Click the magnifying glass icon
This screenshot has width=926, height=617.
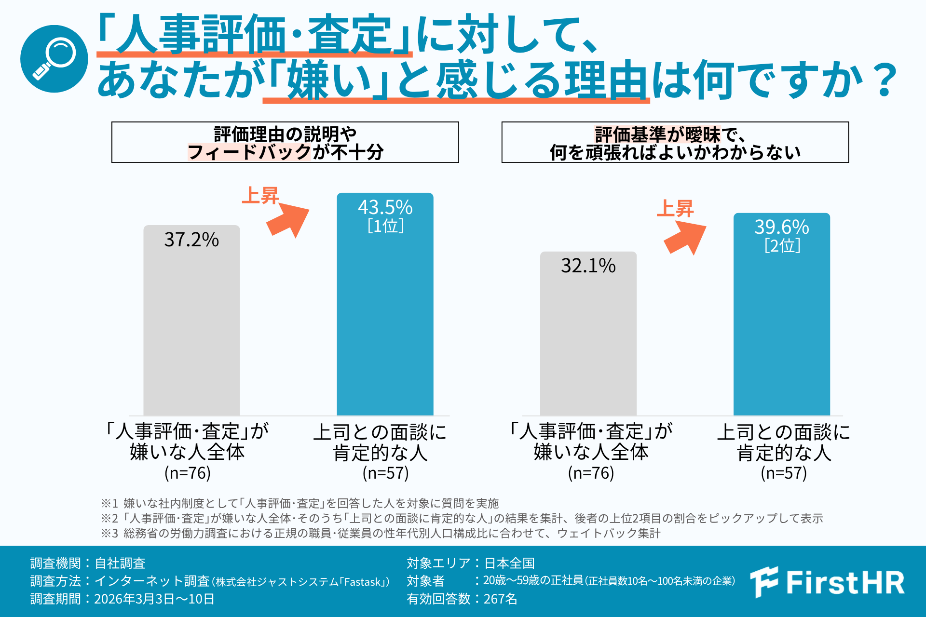coord(54,59)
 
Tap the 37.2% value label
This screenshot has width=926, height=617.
coord(191,240)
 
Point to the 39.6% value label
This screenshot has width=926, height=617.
coord(781,227)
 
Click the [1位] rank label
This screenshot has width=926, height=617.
coord(385,226)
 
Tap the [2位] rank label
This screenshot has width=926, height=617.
coord(782,246)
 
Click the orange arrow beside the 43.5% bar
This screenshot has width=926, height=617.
coord(288,220)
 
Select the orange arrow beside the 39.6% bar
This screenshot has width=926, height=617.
coord(685,238)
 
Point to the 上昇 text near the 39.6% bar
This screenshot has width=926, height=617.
coord(675,209)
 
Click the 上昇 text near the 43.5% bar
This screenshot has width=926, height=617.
coord(260,196)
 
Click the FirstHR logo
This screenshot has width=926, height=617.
coord(827,582)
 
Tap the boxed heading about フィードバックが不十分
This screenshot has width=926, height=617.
coord(285,142)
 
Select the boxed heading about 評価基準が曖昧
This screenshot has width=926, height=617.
coord(675,142)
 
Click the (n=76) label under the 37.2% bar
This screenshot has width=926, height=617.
coord(188,473)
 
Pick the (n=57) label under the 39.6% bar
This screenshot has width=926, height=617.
coord(783,473)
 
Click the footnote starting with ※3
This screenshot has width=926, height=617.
coord(381,533)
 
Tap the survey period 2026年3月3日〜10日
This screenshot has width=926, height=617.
coord(154,599)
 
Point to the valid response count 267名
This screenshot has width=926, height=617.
coord(500,599)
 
